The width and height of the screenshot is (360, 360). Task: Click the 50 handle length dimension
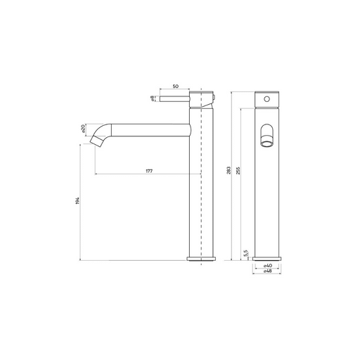(x=176, y=86)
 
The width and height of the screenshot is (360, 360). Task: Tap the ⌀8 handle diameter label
(x=153, y=98)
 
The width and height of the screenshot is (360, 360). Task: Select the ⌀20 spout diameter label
(x=83, y=129)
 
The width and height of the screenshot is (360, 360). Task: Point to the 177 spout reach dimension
(x=149, y=171)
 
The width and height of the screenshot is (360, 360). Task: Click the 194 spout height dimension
(x=77, y=200)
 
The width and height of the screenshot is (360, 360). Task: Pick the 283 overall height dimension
(x=229, y=170)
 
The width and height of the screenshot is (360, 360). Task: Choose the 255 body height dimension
(x=238, y=170)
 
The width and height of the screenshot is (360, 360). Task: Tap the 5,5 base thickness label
(x=245, y=253)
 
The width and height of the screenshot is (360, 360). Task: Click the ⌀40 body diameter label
(x=267, y=266)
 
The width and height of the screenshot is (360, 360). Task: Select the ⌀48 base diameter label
(x=267, y=271)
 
